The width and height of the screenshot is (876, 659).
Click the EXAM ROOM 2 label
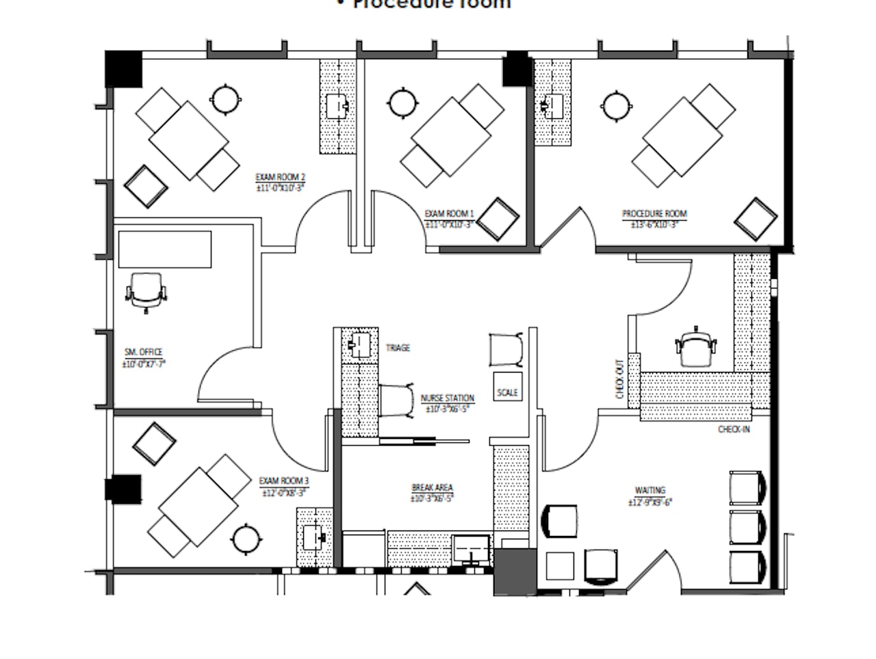click(280, 178)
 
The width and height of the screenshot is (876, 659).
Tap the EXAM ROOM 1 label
click(449, 213)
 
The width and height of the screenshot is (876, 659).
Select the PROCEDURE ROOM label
click(654, 213)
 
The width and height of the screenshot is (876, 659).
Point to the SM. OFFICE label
click(144, 352)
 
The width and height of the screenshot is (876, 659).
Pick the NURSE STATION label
click(447, 398)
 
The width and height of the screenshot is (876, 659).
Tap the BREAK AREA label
click(432, 487)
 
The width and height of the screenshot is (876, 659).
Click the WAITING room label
click(649, 490)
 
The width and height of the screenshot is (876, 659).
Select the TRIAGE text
click(398, 348)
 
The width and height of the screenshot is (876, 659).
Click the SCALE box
click(507, 388)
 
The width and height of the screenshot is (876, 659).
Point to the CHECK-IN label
click(734, 429)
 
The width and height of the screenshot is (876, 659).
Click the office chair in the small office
click(146, 291)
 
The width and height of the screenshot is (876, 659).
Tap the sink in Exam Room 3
click(314, 537)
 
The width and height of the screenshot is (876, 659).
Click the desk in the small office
click(164, 249)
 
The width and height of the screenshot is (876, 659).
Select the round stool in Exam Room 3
click(246, 539)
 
